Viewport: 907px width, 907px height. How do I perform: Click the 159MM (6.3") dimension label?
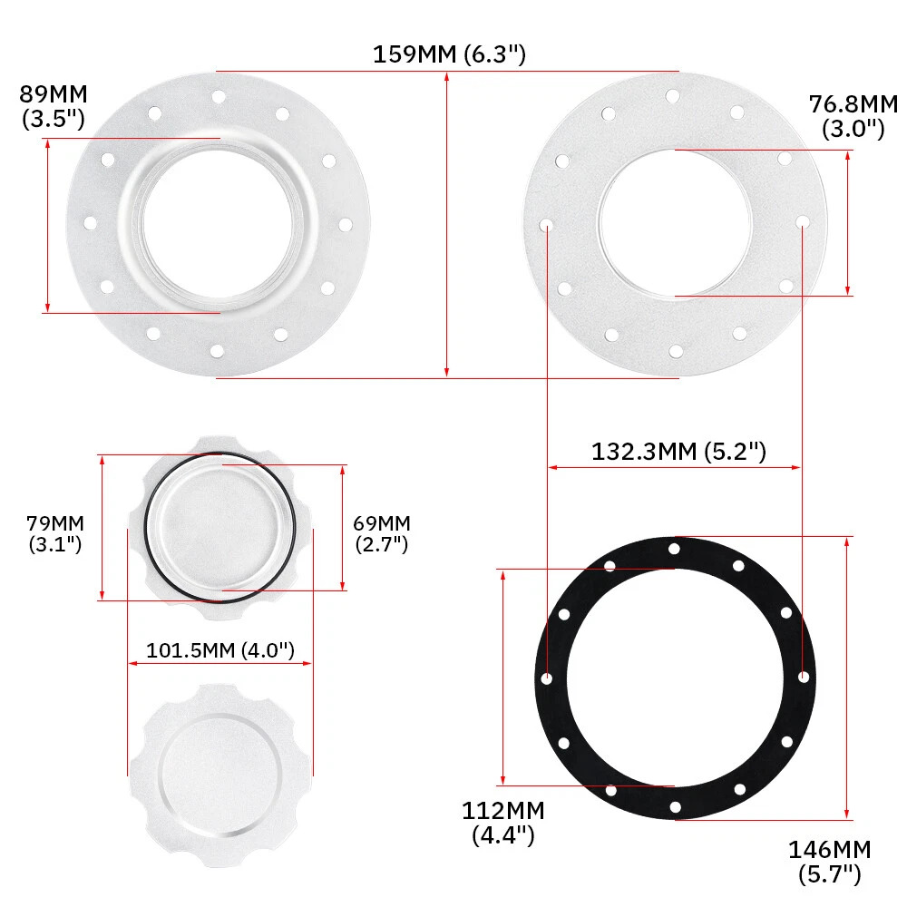449,54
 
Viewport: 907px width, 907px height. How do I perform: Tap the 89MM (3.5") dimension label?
54,106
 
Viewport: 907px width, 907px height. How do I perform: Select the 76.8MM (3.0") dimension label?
853,116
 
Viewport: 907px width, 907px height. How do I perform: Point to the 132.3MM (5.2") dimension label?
678,451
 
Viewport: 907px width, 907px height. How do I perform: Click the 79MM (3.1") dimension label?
55,533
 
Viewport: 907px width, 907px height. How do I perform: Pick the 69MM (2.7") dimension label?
382,533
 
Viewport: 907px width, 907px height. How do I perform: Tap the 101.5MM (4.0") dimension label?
220,650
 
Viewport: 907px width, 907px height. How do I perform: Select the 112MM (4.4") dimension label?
503,823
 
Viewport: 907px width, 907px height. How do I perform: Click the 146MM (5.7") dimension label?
830,862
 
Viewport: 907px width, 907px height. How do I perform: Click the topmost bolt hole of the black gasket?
674,549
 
